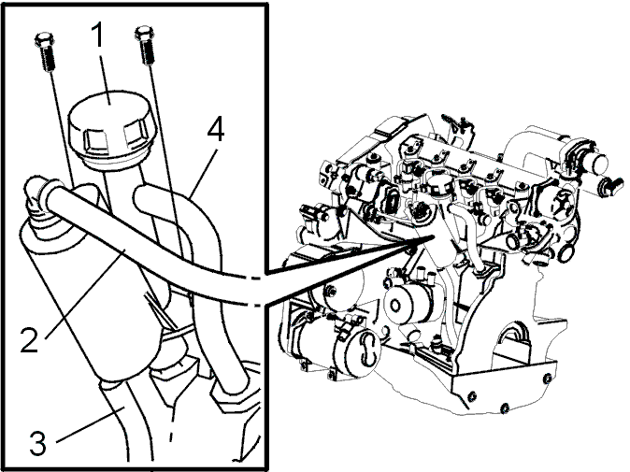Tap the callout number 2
click(29, 339)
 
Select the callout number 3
click(37, 443)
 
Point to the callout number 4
click(215, 129)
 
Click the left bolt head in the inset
click(44, 40)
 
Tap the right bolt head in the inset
click(144, 32)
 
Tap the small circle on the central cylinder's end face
click(395, 306)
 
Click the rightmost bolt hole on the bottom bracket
click(547, 379)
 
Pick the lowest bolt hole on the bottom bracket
click(505, 409)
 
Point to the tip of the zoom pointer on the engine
click(434, 236)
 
